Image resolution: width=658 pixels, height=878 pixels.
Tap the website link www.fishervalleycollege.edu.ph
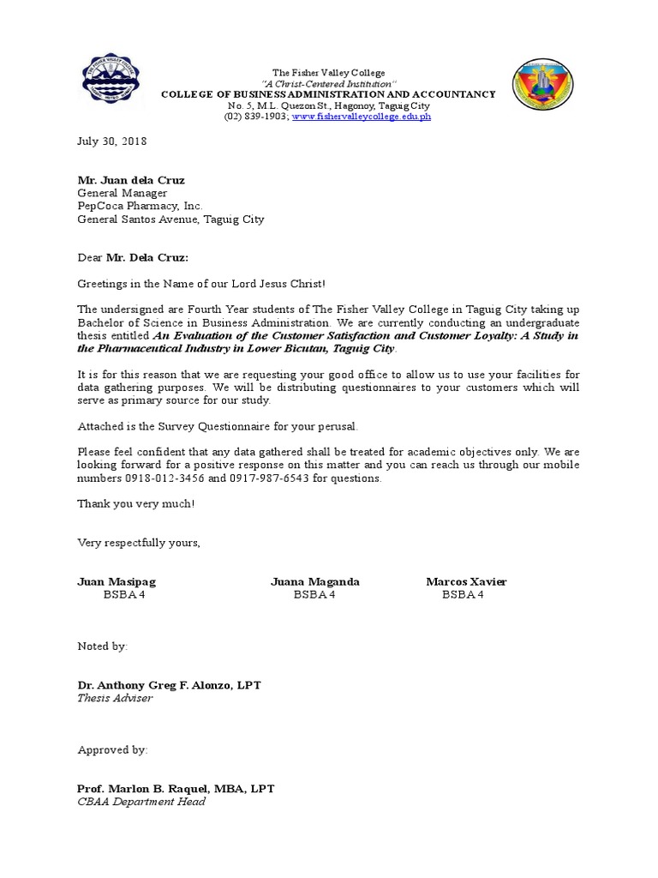pos(362,116)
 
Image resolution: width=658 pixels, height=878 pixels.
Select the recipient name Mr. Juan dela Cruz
pos(131,180)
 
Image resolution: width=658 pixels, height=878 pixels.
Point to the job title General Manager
pos(123,193)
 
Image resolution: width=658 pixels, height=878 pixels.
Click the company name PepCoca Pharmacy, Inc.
pos(141,206)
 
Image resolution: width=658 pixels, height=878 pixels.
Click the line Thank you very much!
pos(136,503)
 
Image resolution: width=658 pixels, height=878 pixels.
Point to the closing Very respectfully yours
pos(139,543)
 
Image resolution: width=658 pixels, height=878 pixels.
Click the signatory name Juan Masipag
pos(117,581)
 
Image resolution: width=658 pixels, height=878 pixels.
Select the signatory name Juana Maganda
pos(315,581)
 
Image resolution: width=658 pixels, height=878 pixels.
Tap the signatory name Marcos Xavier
pos(466,581)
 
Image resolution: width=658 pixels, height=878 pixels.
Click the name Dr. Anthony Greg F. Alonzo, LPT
pos(170,685)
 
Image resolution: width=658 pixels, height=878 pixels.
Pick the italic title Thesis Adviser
pos(115,698)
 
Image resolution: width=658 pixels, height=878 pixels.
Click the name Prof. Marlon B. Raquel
pos(151,789)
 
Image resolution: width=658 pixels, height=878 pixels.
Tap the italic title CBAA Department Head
pos(141,802)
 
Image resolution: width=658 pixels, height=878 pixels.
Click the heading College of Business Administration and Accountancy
pos(328,94)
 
